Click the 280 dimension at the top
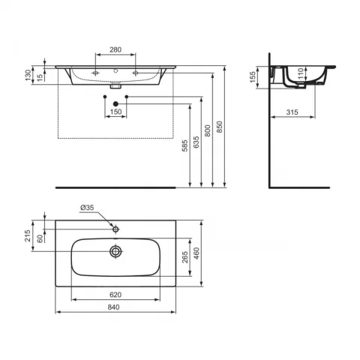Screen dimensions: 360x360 point(116,49)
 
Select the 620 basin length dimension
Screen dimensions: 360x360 point(115,296)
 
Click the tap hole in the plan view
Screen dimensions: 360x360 point(115,226)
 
